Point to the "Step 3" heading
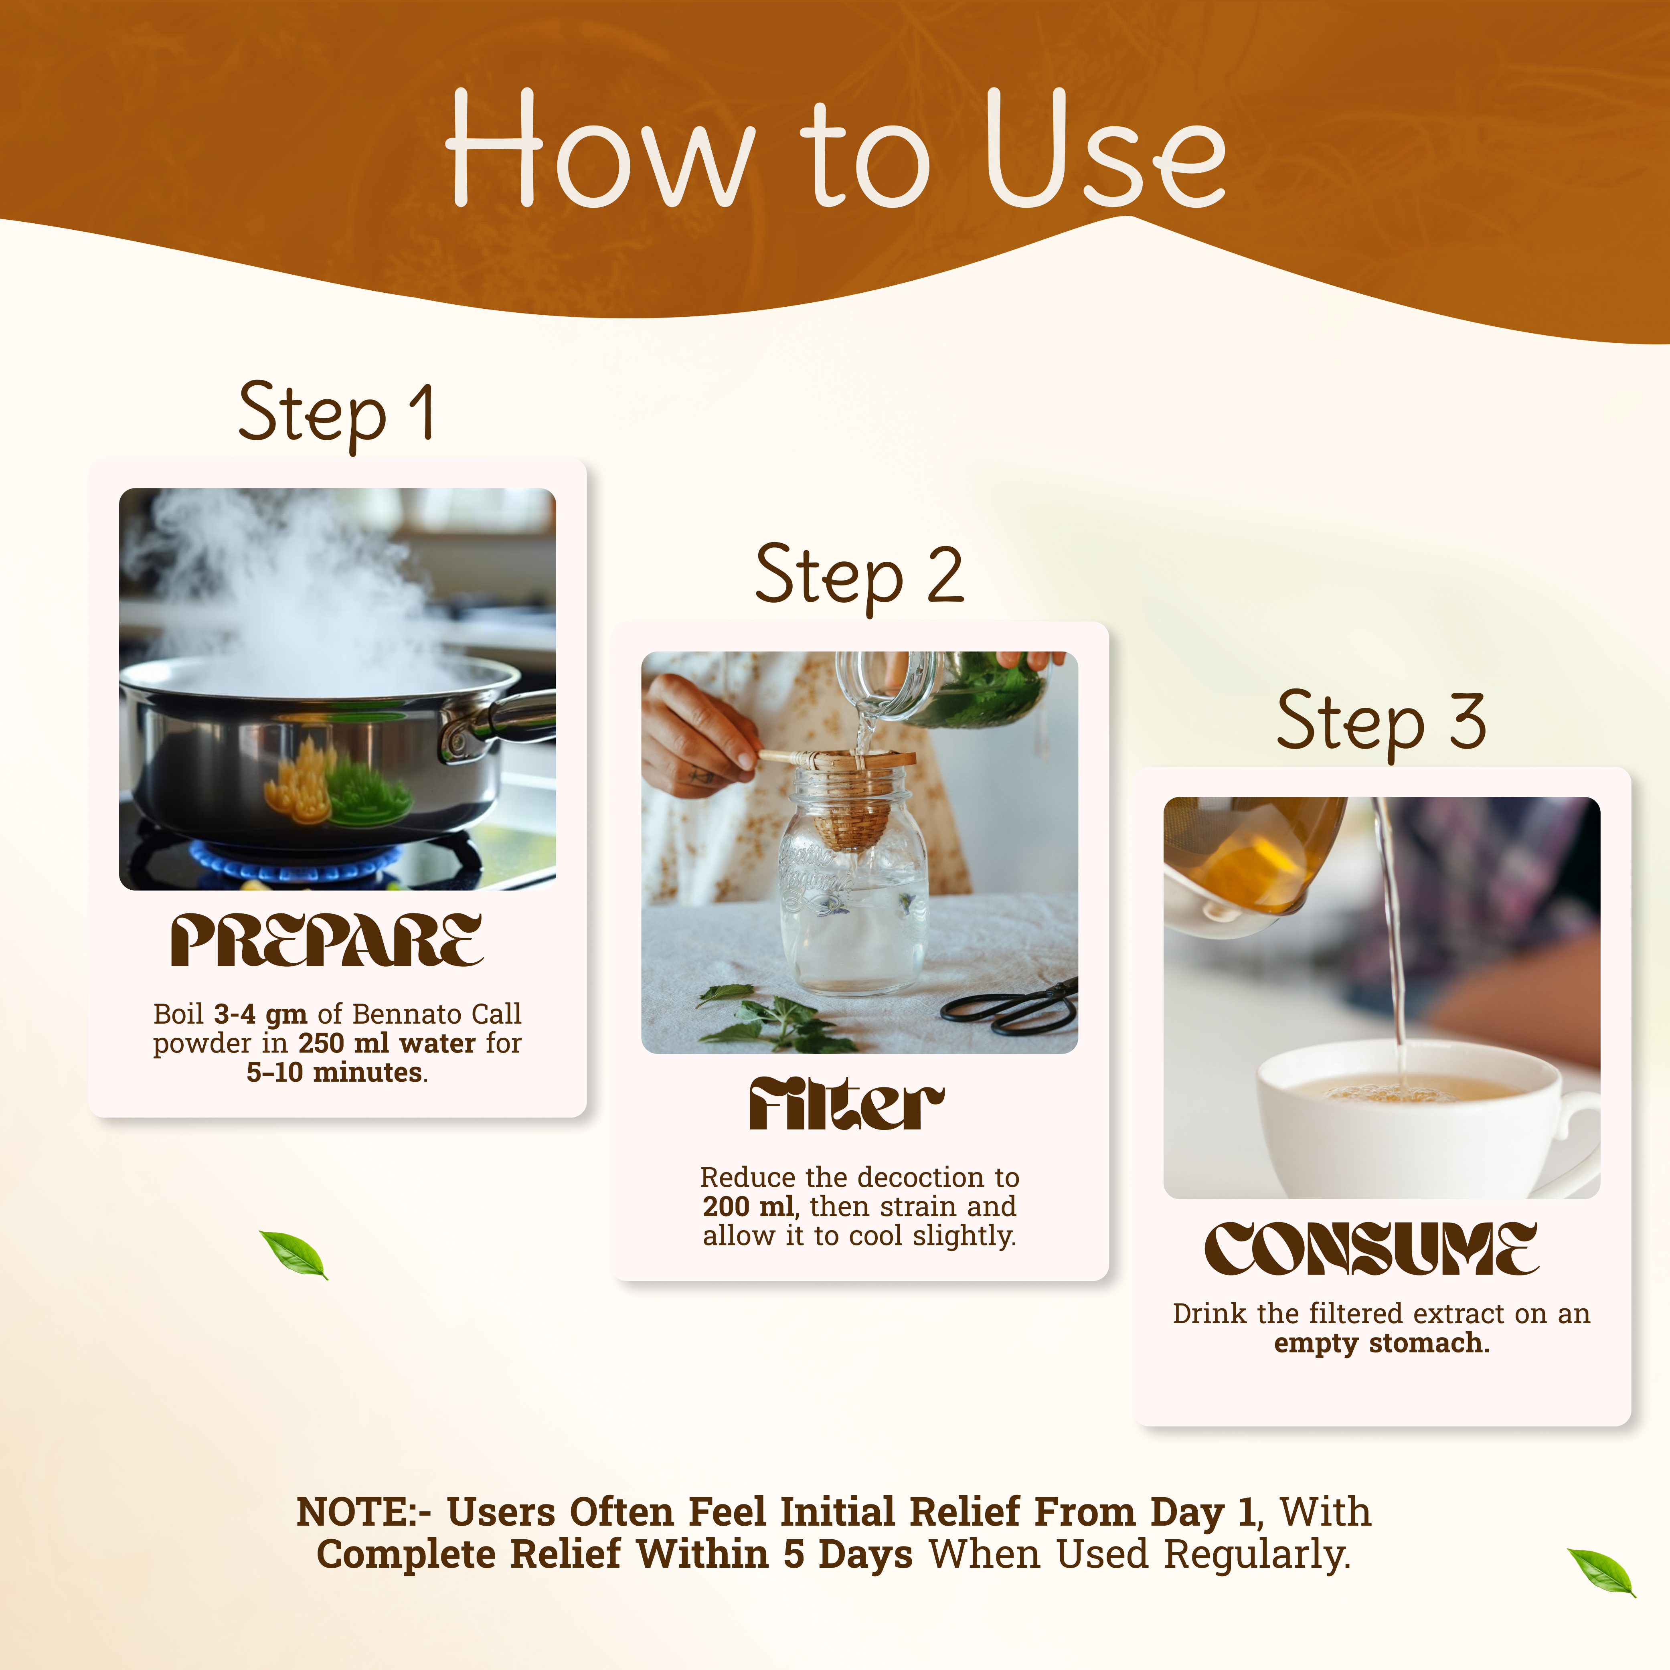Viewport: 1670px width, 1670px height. click(1381, 723)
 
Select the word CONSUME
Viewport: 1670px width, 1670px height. click(1372, 1249)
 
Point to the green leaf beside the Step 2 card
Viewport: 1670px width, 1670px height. click(294, 1254)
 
